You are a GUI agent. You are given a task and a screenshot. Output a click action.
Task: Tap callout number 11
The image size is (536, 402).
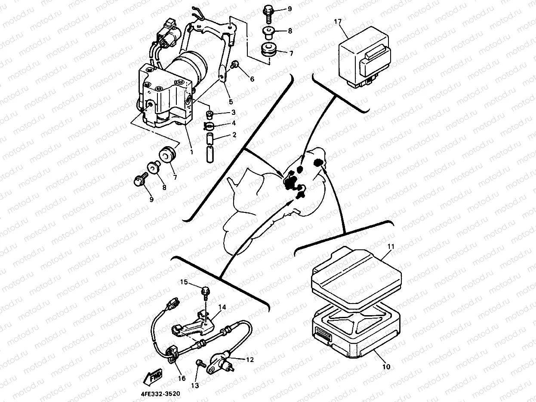[391, 247]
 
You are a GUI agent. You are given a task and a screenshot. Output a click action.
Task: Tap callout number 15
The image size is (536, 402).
[184, 282]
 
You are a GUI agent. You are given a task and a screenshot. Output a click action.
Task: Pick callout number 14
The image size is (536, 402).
[222, 307]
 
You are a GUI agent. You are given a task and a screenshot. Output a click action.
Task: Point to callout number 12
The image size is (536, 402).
[250, 359]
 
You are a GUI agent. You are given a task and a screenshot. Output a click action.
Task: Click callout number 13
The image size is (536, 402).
[195, 385]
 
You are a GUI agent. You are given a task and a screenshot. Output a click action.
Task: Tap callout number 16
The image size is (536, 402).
[182, 378]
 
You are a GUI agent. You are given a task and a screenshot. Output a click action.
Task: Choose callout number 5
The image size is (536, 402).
[230, 102]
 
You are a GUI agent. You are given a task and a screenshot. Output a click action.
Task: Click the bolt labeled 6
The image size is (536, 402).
[236, 65]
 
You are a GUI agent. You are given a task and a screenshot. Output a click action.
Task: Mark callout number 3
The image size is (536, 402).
[234, 112]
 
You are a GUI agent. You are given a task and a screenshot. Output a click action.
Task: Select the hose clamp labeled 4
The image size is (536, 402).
[209, 126]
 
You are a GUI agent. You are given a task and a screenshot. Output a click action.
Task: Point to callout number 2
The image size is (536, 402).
[234, 135]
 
